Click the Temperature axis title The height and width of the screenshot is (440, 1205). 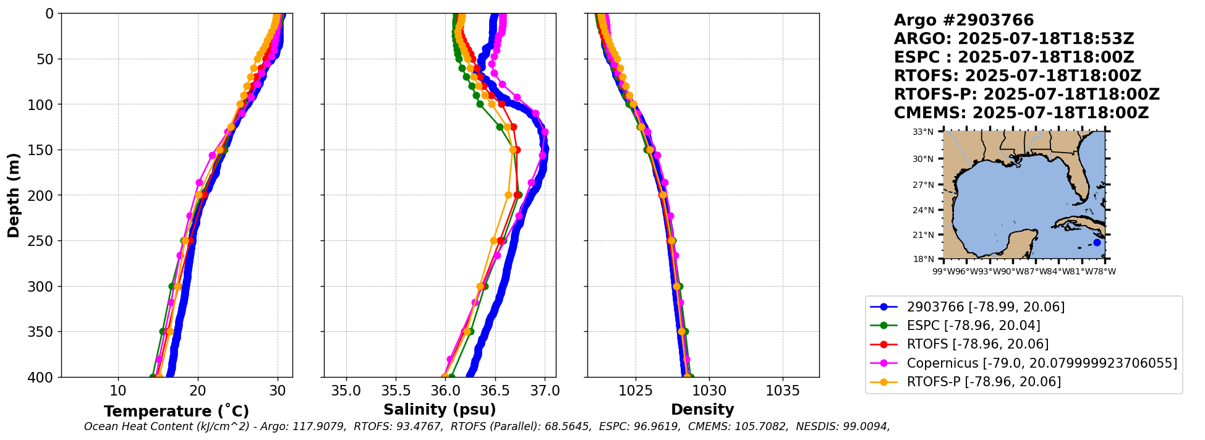(x=176, y=411)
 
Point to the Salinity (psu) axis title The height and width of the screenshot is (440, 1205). (x=440, y=410)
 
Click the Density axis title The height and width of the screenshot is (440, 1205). (x=702, y=410)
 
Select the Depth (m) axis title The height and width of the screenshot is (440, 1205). (x=14, y=195)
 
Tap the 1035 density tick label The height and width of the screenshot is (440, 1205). (x=783, y=391)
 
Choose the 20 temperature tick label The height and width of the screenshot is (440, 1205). (x=198, y=391)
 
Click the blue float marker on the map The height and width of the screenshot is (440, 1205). (x=1097, y=242)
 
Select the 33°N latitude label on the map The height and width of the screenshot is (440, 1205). (x=923, y=132)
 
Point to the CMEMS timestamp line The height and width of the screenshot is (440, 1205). (x=1021, y=113)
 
